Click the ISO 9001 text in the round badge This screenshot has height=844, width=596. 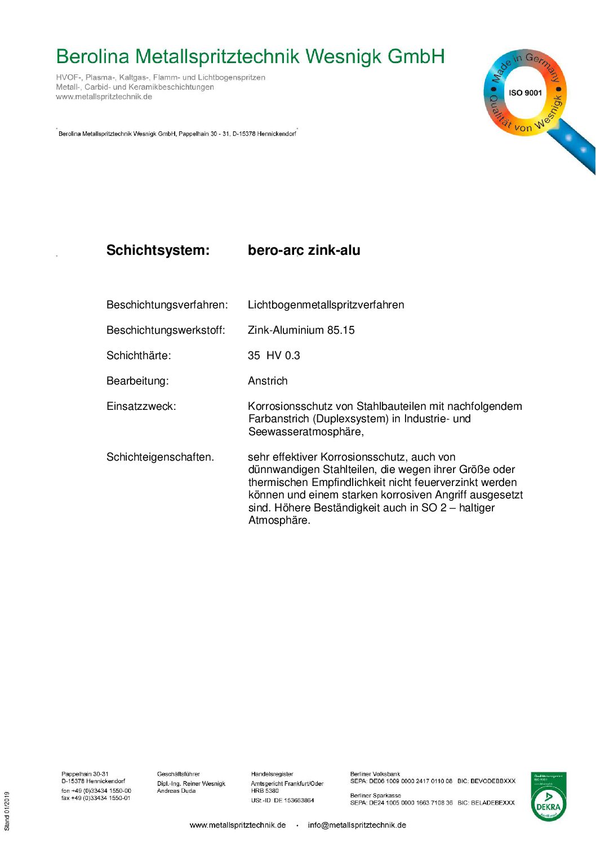525,93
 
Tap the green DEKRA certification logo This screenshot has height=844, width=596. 548,797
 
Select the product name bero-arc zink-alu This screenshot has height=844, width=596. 304,250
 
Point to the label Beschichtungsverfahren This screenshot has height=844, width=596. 167,305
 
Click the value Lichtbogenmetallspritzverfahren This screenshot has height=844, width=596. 326,305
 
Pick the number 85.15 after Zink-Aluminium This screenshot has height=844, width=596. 341,330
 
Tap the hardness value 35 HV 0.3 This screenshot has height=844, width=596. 274,356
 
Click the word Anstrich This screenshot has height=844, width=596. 268,381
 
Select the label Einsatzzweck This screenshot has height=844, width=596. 141,406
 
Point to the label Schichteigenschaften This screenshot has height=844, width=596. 160,457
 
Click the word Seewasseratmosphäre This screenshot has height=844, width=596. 305,432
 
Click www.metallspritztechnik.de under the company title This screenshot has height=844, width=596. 104,97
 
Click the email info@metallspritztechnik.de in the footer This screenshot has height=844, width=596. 357,825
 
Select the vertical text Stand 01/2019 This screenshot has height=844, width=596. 7,811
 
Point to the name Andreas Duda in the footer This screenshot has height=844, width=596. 176,791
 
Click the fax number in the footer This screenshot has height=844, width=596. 96,798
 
